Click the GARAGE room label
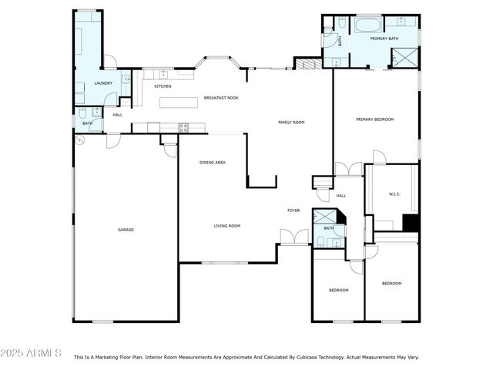click(x=126, y=230)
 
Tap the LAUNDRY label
click(x=103, y=83)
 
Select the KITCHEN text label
click(x=163, y=86)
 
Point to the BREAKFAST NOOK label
click(x=221, y=99)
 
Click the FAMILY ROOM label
click(x=291, y=123)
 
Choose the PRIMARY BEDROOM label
click(x=374, y=119)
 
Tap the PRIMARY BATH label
click(x=383, y=39)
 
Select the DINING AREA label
click(x=212, y=163)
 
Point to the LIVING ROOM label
click(x=227, y=226)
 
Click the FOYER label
click(x=293, y=210)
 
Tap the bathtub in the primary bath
click(x=362, y=25)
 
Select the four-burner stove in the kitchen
click(x=184, y=128)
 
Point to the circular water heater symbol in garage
click(x=80, y=140)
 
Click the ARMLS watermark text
click(x=32, y=353)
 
